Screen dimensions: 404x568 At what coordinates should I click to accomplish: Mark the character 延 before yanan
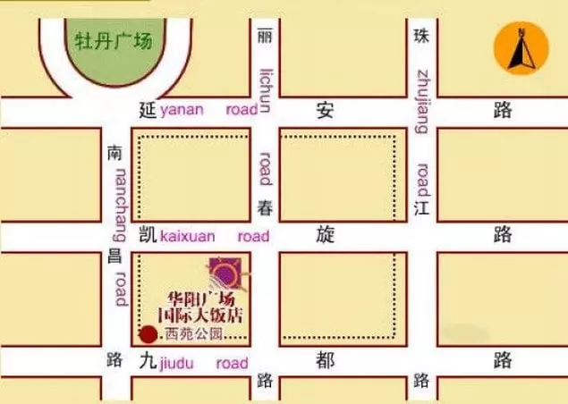point(148,111)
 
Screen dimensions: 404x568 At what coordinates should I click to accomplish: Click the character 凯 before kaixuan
point(148,236)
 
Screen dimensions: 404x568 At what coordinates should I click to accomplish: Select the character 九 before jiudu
point(148,362)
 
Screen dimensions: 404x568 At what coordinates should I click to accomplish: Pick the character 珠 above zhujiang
point(421,37)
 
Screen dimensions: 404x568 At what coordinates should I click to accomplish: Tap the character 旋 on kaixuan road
point(326,235)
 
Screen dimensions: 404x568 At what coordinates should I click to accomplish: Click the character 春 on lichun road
point(264,208)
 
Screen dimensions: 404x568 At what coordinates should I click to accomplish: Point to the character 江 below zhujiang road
point(421,208)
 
